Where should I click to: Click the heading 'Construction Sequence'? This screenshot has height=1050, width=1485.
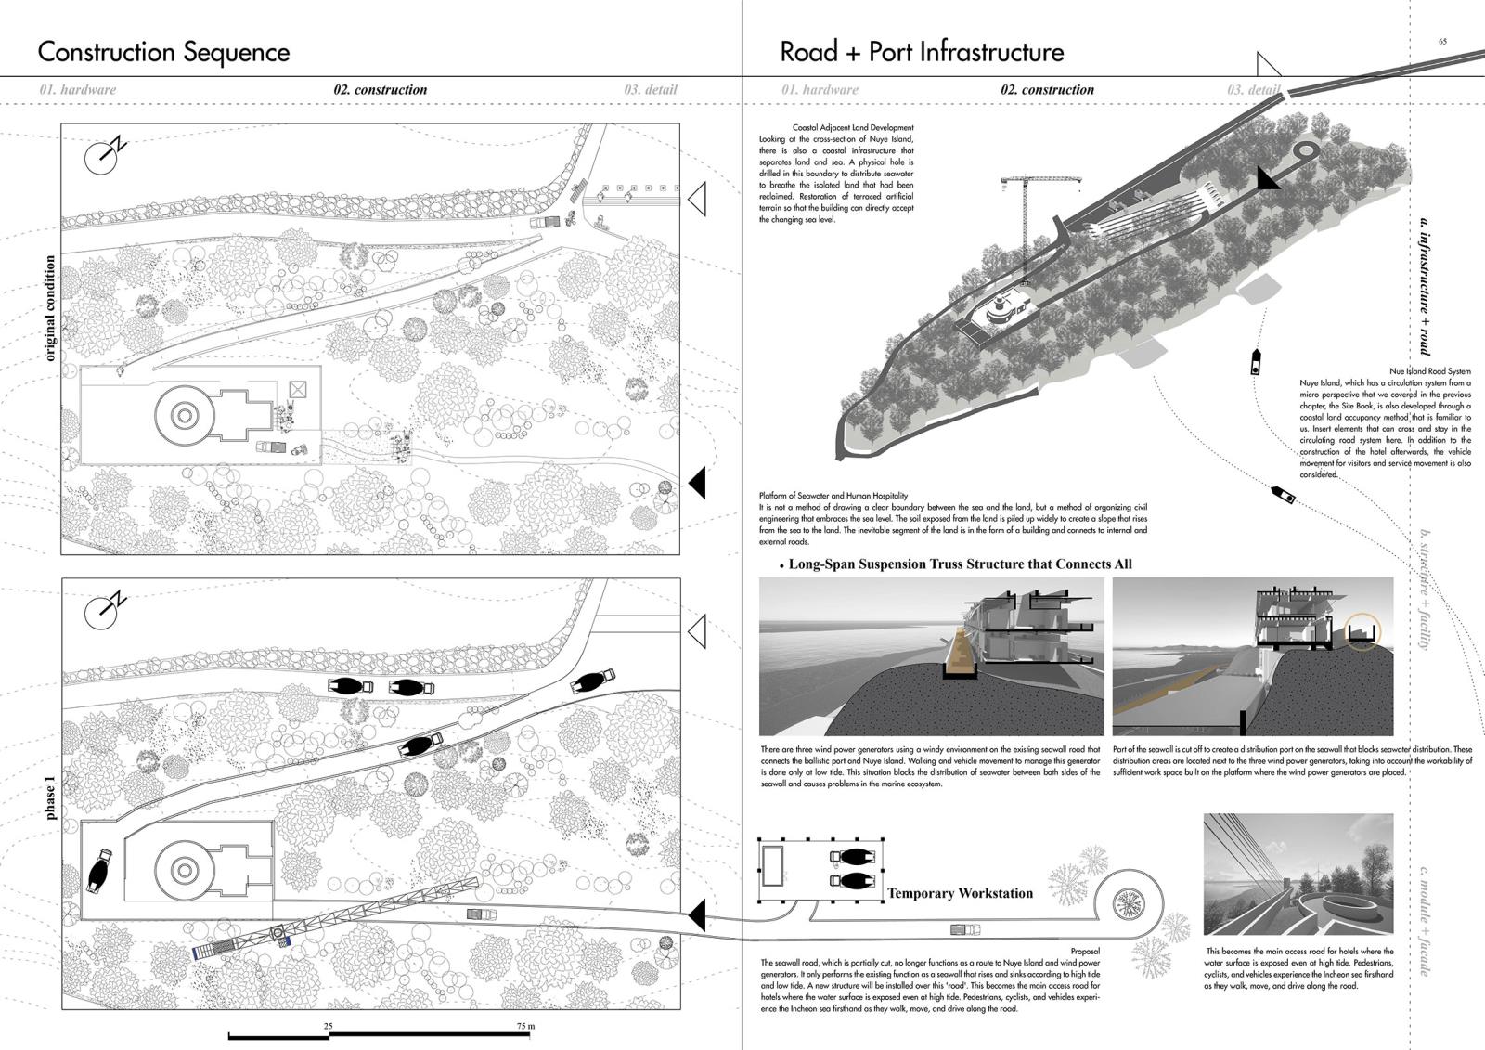click(x=163, y=52)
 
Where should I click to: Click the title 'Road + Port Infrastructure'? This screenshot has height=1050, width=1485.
click(x=922, y=52)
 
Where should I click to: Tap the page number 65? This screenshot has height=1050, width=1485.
click(x=1442, y=41)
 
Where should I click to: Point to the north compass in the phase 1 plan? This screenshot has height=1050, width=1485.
click(x=104, y=609)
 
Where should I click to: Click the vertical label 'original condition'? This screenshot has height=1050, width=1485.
click(x=50, y=308)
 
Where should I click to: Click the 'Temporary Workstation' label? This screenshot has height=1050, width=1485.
click(x=960, y=893)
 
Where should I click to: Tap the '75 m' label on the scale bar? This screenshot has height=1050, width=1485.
click(x=525, y=1026)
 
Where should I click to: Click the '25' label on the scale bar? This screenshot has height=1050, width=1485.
click(x=328, y=1026)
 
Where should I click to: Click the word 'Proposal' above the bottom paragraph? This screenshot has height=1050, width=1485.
click(x=1085, y=952)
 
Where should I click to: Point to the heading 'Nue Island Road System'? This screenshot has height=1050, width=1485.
click(x=1430, y=371)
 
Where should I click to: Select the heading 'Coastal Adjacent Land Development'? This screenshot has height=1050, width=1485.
click(x=853, y=128)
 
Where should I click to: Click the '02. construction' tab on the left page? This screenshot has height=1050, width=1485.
click(x=381, y=90)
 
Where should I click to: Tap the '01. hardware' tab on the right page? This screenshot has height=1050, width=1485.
click(x=820, y=90)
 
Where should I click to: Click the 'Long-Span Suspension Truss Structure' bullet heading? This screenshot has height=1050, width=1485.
click(x=960, y=564)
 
